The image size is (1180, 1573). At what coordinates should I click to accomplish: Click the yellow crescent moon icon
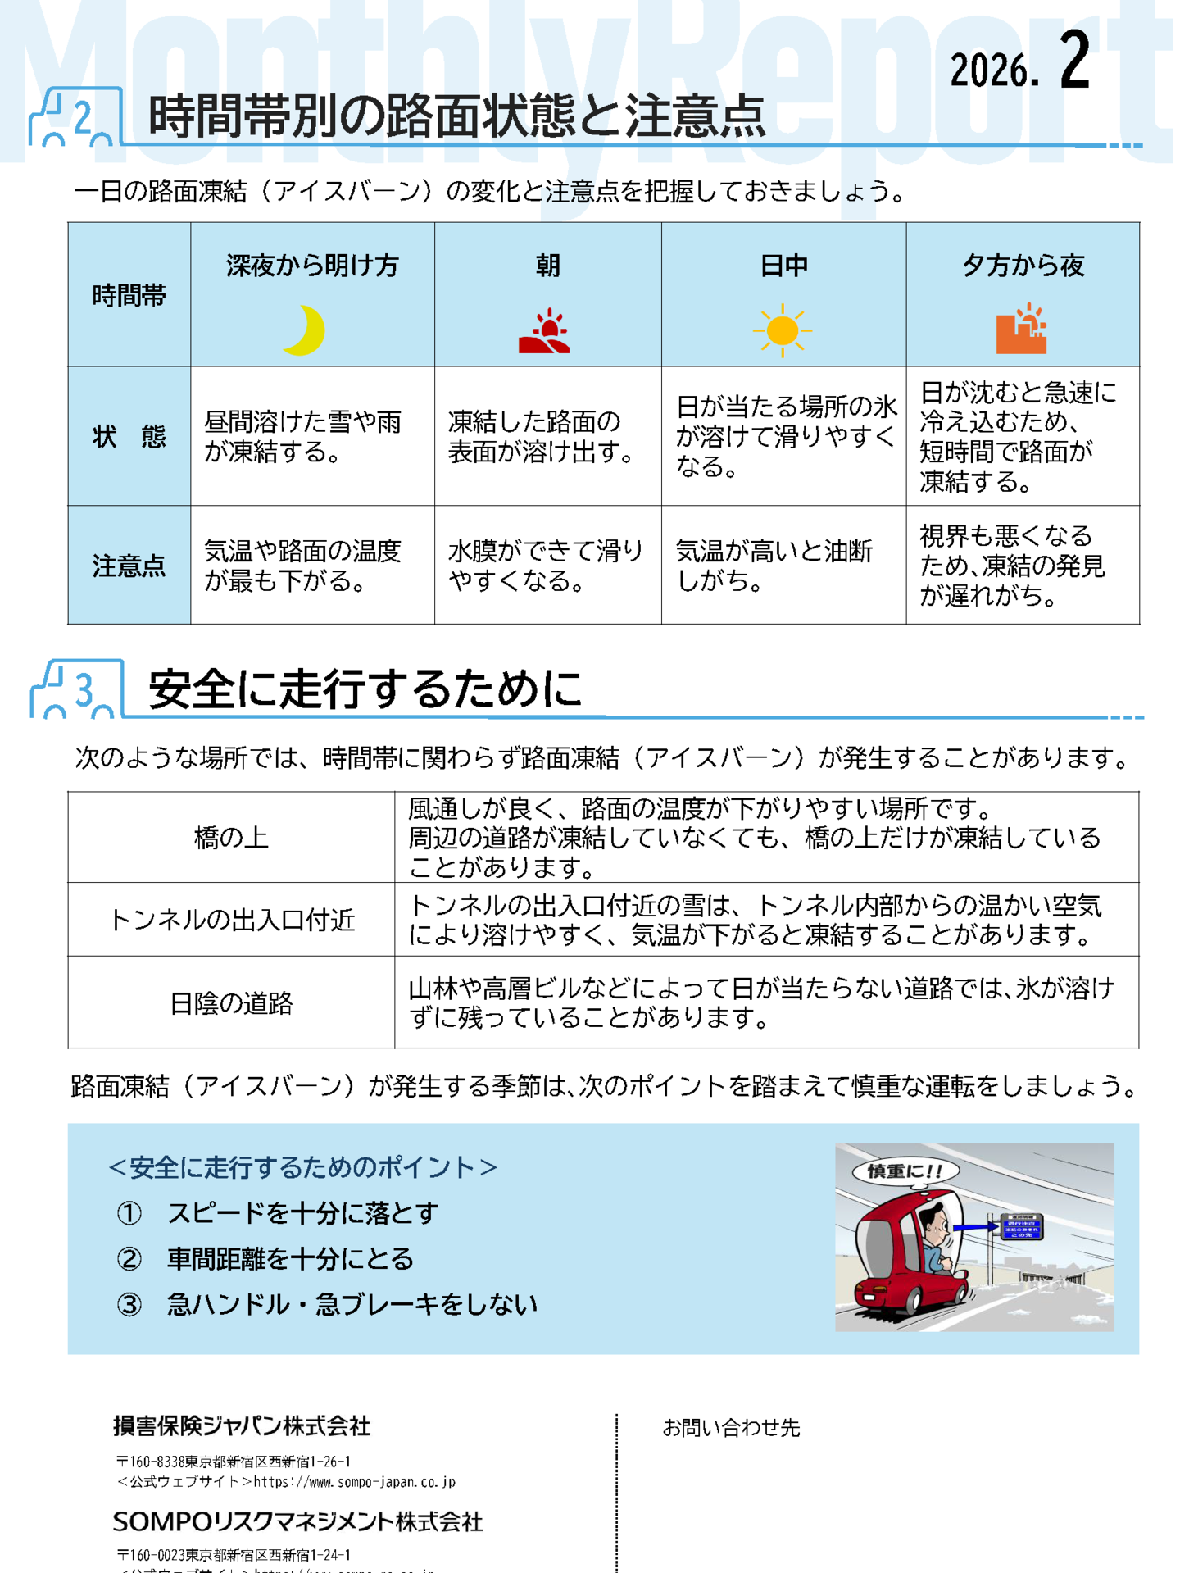pyautogui.click(x=304, y=330)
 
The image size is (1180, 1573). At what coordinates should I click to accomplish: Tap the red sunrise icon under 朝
pyautogui.click(x=544, y=331)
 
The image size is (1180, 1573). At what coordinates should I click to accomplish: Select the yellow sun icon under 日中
pyautogui.click(x=782, y=330)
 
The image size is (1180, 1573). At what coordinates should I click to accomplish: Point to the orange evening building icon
pyautogui.click(x=1021, y=330)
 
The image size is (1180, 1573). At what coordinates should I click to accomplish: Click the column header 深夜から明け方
pyautogui.click(x=312, y=266)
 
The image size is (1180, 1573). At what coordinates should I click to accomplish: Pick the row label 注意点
pyautogui.click(x=129, y=566)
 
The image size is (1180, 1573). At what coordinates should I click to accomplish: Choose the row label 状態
pyautogui.click(x=129, y=437)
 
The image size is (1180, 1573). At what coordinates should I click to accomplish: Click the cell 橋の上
pyautogui.click(x=231, y=838)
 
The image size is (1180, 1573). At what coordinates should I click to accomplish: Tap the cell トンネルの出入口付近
pyautogui.click(x=231, y=921)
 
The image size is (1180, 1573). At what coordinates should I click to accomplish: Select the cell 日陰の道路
pyautogui.click(x=231, y=1002)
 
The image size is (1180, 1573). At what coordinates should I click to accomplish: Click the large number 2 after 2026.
pyautogui.click(x=1074, y=61)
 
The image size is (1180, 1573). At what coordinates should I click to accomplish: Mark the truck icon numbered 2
pyautogui.click(x=74, y=118)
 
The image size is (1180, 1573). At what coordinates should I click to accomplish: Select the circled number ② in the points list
pyautogui.click(x=129, y=1258)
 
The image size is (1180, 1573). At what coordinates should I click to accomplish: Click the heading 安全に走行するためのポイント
pyautogui.click(x=302, y=1167)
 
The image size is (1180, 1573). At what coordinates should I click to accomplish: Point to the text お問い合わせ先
pyautogui.click(x=731, y=1428)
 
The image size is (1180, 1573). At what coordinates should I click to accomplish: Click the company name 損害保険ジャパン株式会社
pyautogui.click(x=242, y=1426)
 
